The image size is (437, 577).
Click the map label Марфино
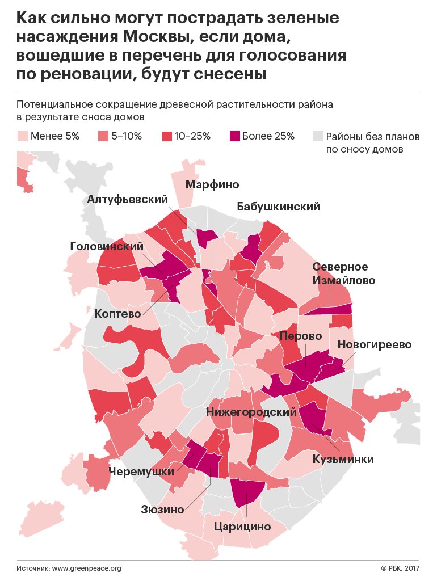click(212, 184)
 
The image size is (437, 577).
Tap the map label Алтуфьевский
click(128, 200)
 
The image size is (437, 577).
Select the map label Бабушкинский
click(278, 207)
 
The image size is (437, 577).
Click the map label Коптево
click(117, 313)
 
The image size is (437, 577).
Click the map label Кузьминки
click(343, 459)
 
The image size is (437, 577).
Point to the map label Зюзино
click(163, 509)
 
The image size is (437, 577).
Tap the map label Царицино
click(242, 527)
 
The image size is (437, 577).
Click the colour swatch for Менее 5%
click(23, 136)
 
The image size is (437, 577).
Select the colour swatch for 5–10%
click(104, 136)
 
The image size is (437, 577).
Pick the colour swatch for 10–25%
click(167, 136)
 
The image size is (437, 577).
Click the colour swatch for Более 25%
click(234, 136)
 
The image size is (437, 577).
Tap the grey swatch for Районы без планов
click(318, 136)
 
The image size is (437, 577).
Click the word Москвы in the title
click(150, 37)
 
